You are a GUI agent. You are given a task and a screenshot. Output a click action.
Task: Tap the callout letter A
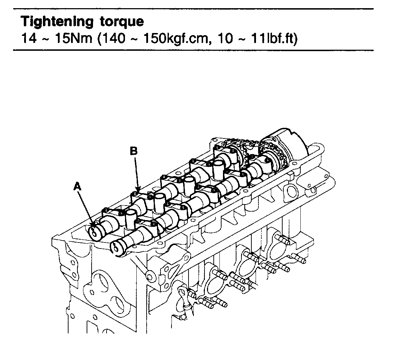tap(77, 186)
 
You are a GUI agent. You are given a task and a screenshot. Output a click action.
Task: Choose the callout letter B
tap(133, 151)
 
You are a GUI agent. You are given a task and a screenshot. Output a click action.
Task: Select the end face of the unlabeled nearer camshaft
tap(116, 247)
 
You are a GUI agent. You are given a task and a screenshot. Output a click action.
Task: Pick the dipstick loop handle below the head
tap(183, 293)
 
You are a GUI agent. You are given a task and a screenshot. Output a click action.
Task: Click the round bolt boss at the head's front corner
tap(149, 276)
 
